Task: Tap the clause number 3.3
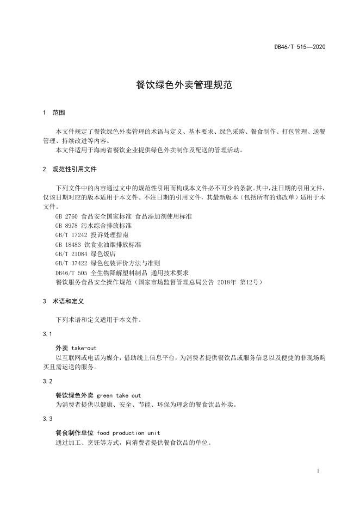point(47,419)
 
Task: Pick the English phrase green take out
point(119,395)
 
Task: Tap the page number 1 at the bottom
point(317,470)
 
